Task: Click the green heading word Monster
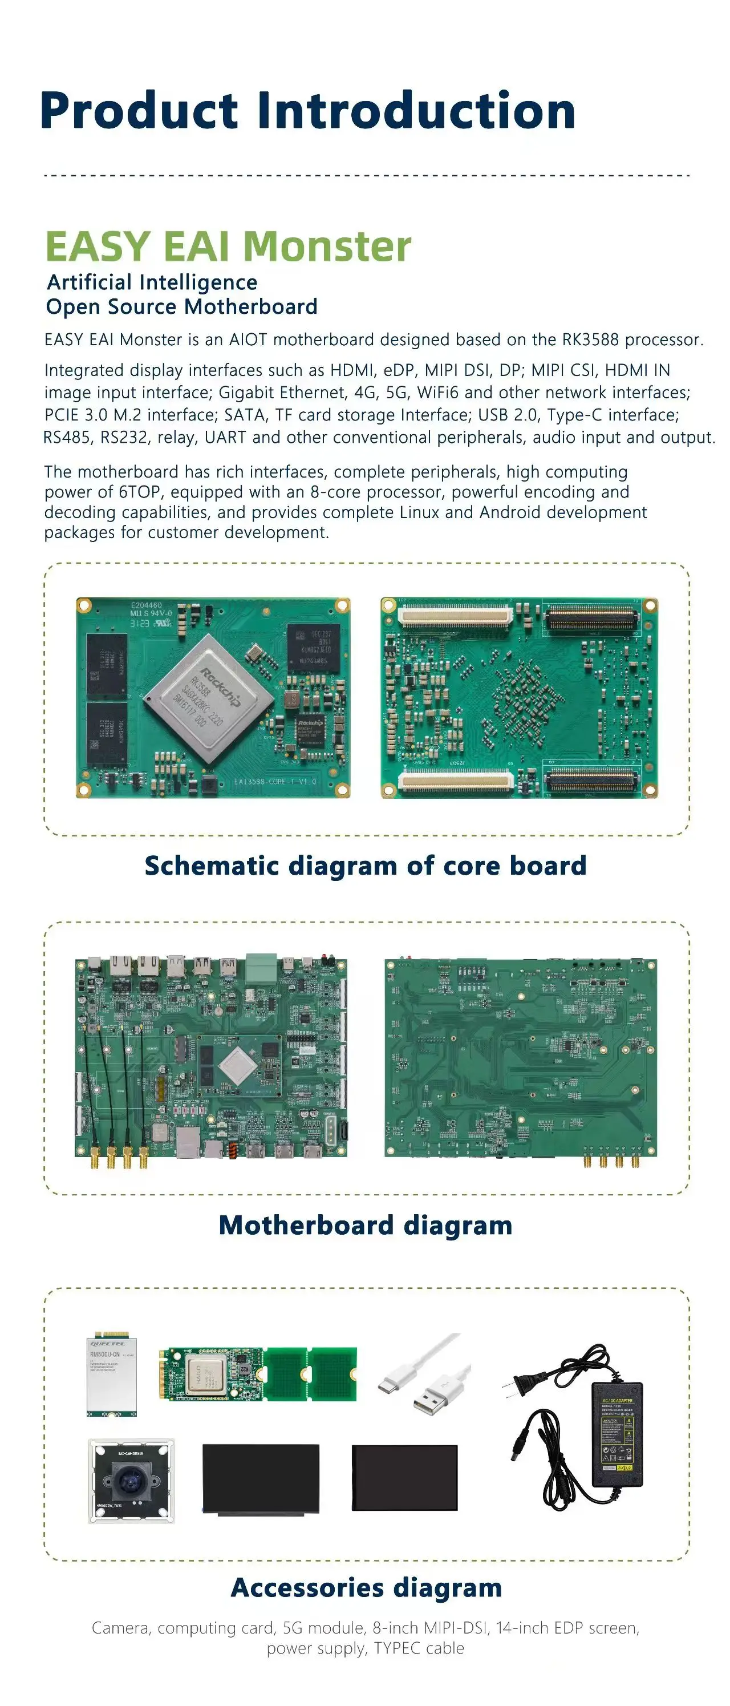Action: pyautogui.click(x=327, y=247)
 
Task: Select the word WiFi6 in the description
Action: pyautogui.click(x=437, y=393)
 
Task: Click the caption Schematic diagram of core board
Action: pyautogui.click(x=366, y=866)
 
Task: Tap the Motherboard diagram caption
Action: pyautogui.click(x=366, y=1225)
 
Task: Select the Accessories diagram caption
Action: pyautogui.click(x=366, y=1587)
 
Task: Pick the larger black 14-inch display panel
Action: pyautogui.click(x=260, y=1478)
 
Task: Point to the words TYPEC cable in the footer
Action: pyautogui.click(x=418, y=1648)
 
